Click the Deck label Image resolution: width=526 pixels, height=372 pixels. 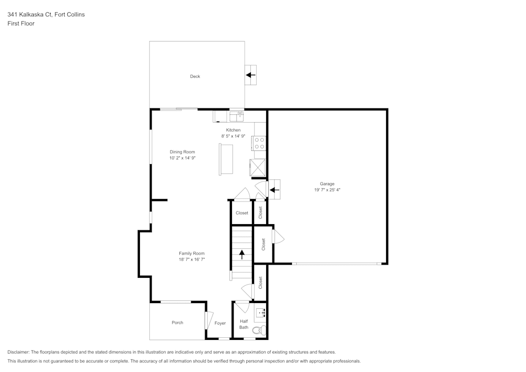(x=195, y=76)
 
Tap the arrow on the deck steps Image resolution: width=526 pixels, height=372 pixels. (x=251, y=75)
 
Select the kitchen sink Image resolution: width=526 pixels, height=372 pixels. (x=236, y=115)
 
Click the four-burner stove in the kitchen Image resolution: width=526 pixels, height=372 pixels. (x=259, y=143)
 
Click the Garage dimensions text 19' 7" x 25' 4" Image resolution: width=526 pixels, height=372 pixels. (x=327, y=189)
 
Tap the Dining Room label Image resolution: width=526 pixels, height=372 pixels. (x=182, y=152)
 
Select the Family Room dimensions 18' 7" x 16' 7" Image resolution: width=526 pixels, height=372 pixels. (x=191, y=259)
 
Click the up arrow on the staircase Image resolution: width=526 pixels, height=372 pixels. (x=242, y=255)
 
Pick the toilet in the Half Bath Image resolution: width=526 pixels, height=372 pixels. (x=258, y=330)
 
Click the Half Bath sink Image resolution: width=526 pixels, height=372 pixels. (x=260, y=314)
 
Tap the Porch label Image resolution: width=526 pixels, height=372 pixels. (x=178, y=323)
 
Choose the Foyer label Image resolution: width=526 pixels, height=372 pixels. (x=220, y=323)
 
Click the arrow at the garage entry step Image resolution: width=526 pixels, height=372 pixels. (x=274, y=189)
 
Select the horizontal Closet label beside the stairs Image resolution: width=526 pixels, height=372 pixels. (x=242, y=213)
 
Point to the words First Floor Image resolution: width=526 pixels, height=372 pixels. (x=21, y=24)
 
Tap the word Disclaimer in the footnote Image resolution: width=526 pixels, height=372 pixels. (x=18, y=352)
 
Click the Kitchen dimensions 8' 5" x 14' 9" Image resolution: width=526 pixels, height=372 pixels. (x=234, y=136)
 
